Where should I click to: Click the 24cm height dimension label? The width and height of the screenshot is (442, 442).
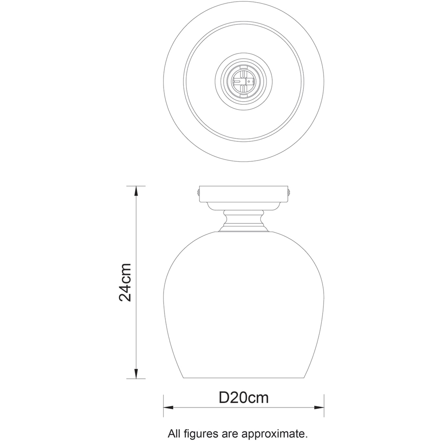coord(126,282)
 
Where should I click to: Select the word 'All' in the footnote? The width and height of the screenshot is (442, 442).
coord(174,433)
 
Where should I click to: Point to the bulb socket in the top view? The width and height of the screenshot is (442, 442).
coord(244,82)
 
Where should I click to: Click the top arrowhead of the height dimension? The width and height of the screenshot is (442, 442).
coord(136,191)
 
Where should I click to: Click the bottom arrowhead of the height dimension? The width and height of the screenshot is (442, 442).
coord(136,374)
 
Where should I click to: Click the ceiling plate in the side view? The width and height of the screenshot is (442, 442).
coord(244,193)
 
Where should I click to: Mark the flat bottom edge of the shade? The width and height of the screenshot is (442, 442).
coord(244,378)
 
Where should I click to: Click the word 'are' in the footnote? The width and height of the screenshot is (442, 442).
coord(233,433)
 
